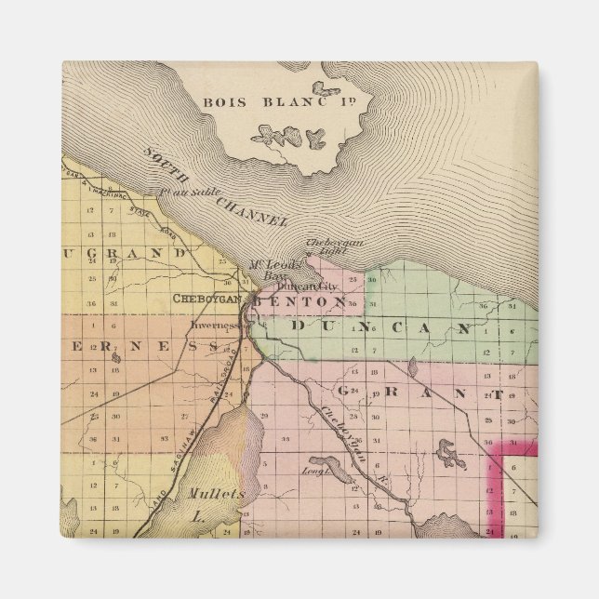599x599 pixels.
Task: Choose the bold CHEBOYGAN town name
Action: [206, 299]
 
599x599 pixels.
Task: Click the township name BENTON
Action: [299, 302]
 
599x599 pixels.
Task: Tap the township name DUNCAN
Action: [380, 327]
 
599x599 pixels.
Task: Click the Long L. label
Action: [311, 472]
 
